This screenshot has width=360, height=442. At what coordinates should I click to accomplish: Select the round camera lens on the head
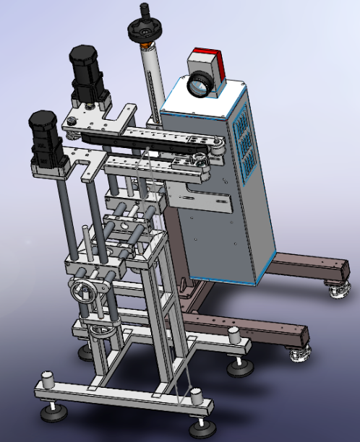[197, 84]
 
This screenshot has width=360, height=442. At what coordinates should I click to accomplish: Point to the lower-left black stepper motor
[44, 138]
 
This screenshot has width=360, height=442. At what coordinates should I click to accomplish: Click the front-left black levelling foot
[52, 412]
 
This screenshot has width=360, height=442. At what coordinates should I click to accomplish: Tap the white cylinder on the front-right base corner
[195, 396]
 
